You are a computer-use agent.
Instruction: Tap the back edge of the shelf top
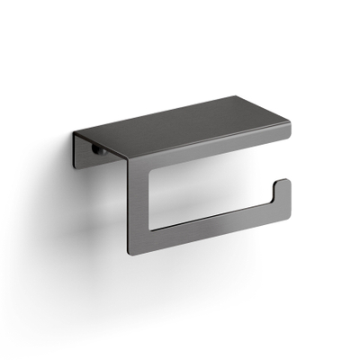pos(180,102)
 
